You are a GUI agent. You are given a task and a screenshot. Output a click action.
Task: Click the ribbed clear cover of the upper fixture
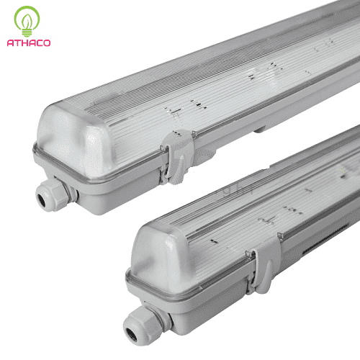click(216, 79)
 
